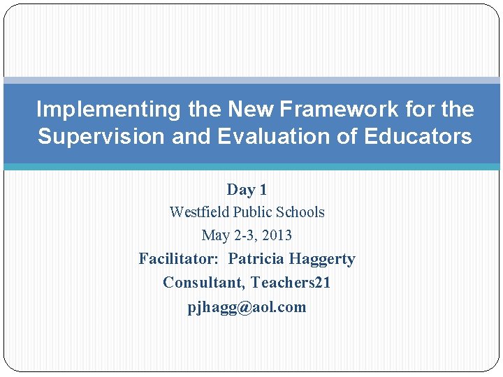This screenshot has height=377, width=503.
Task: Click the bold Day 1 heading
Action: point(247,190)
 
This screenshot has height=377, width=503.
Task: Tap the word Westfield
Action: point(200,212)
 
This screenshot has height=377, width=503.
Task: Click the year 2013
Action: point(277,236)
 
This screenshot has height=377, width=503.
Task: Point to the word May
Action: point(214,236)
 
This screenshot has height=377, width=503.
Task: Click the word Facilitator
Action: point(178,259)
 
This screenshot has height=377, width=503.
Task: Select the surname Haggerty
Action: point(323,259)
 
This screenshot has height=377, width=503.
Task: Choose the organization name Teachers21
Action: point(291,283)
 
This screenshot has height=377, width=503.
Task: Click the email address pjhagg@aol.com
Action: point(247,307)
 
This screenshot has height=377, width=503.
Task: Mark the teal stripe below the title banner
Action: point(251,167)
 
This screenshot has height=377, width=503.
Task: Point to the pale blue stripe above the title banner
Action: point(251,80)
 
